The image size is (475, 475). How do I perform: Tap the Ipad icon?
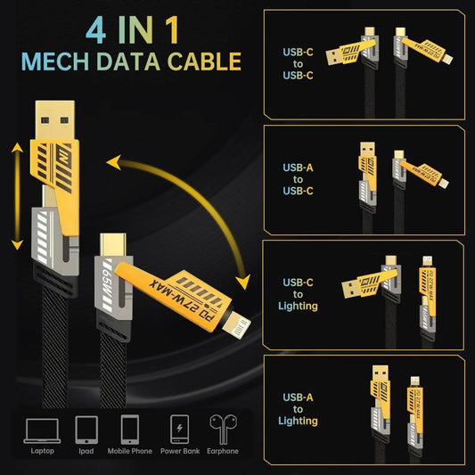[86, 430]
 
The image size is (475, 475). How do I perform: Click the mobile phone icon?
[131, 430]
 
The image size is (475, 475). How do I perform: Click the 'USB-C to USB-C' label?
[299, 63]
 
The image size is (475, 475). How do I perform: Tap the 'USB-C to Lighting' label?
[299, 294]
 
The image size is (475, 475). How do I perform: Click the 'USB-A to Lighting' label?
[299, 408]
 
